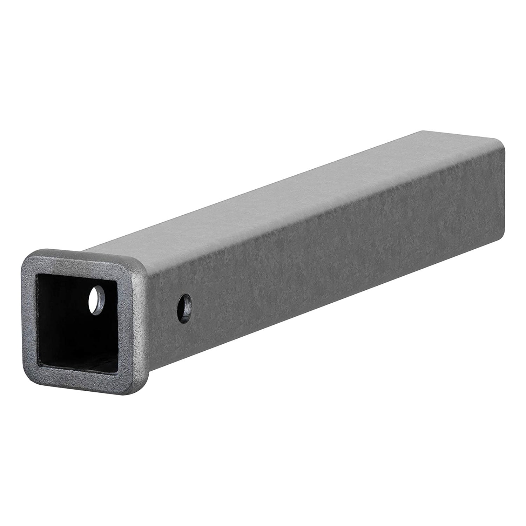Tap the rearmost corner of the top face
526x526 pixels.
[x=421, y=130]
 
